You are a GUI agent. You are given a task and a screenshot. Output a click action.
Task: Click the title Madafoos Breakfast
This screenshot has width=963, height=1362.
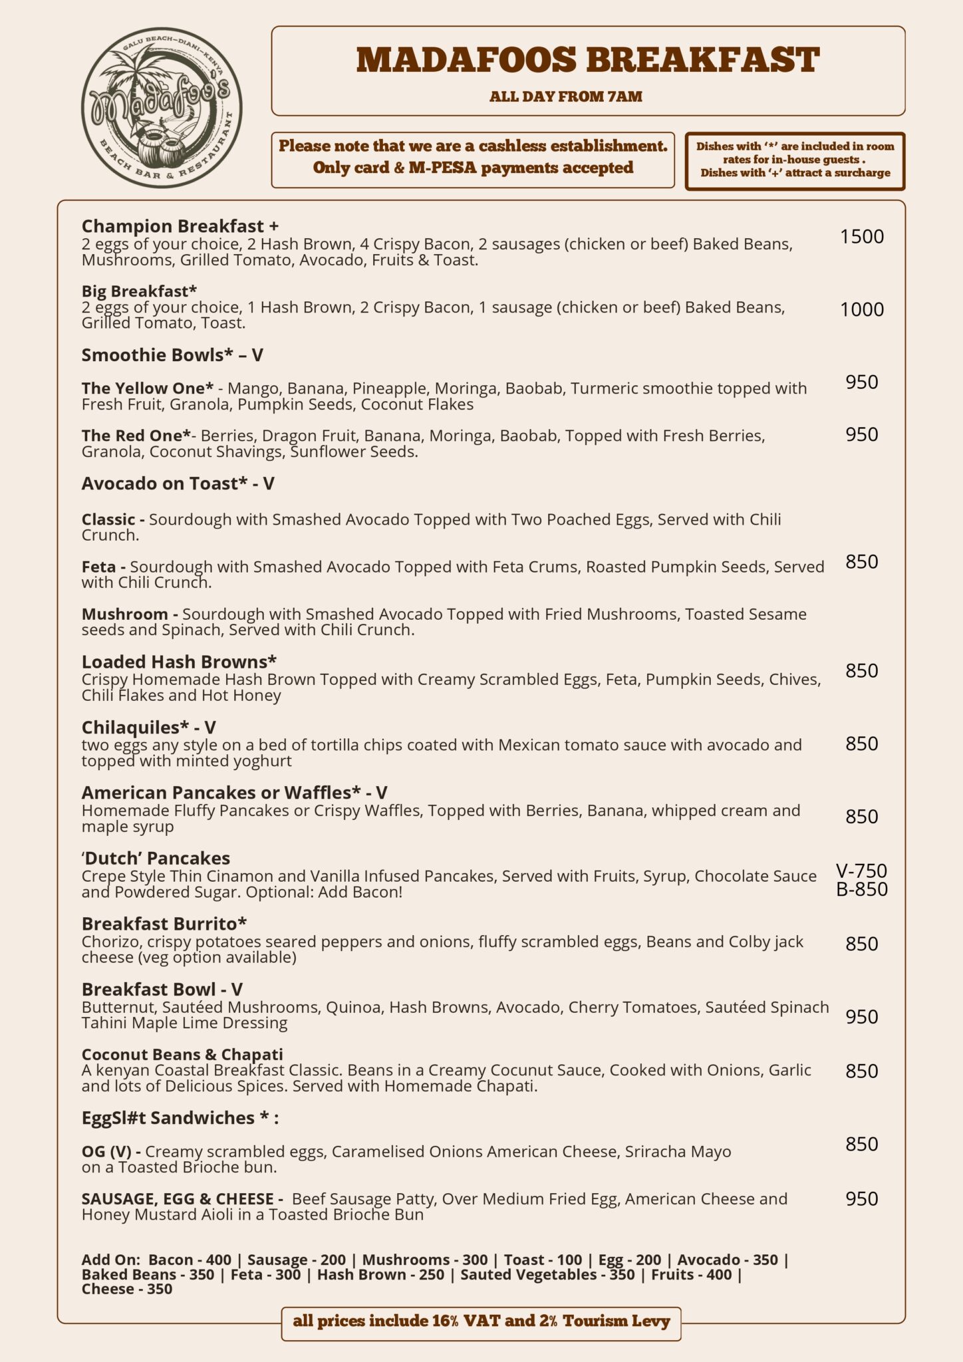tap(588, 61)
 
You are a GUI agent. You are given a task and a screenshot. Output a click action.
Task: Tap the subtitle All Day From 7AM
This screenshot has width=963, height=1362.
tap(566, 97)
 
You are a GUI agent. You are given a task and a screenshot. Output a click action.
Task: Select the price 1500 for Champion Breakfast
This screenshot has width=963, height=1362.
tap(862, 237)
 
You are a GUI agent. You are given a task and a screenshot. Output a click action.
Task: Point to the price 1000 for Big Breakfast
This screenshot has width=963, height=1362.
tap(862, 309)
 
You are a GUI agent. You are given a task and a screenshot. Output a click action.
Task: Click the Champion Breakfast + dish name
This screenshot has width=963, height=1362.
tap(180, 226)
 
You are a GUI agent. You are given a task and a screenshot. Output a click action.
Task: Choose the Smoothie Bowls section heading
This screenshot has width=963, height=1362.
tap(172, 355)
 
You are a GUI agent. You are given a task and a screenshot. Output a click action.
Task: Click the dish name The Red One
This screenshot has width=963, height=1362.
tap(137, 436)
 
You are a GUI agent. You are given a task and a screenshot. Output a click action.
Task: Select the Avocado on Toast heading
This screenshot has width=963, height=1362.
tap(178, 483)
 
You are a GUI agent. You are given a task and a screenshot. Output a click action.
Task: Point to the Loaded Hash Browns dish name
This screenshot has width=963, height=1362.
tap(179, 662)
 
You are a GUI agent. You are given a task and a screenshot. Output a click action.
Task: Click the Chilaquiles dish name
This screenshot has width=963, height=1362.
tap(148, 728)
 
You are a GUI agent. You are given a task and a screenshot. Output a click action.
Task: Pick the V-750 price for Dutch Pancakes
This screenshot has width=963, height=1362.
tap(862, 871)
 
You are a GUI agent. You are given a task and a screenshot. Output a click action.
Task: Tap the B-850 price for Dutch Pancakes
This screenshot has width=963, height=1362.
tap(862, 889)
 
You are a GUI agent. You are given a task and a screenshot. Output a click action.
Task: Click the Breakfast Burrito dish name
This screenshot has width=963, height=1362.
tap(164, 924)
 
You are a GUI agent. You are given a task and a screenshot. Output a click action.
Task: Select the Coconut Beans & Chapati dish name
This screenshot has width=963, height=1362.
tap(182, 1055)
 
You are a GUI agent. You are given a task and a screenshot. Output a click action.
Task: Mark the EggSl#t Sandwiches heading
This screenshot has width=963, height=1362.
tap(180, 1118)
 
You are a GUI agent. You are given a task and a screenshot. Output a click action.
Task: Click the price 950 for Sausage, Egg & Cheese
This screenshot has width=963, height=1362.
tap(862, 1198)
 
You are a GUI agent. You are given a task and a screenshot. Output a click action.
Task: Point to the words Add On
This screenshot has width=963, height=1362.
tap(110, 1260)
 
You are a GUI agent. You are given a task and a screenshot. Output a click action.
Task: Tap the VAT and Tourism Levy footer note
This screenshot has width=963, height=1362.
tap(481, 1321)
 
